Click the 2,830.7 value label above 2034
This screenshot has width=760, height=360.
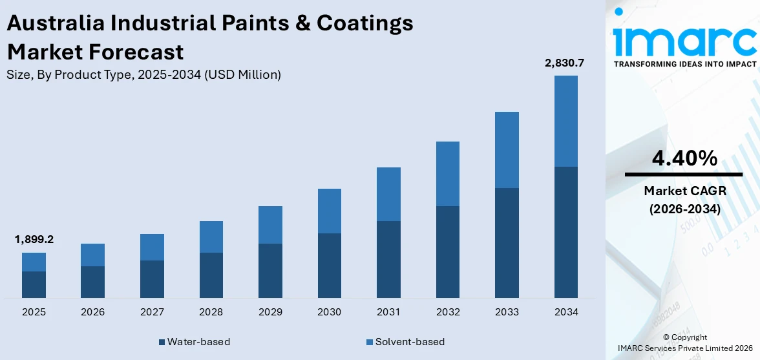[565, 63]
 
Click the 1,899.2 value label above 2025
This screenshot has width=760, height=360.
[34, 239]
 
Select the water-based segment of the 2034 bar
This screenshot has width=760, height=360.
[565, 232]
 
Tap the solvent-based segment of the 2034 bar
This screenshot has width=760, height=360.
[565, 121]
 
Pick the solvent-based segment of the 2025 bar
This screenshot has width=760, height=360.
[34, 262]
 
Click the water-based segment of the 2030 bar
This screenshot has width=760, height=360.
[329, 265]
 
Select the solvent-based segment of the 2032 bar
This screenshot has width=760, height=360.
[447, 174]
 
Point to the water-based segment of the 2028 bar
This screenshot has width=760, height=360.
[211, 275]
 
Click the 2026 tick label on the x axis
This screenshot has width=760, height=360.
[92, 312]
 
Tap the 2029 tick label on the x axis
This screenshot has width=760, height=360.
[270, 312]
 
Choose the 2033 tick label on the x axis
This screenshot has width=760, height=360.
[507, 312]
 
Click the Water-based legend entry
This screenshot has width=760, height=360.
[193, 341]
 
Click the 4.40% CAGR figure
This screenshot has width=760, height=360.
[684, 158]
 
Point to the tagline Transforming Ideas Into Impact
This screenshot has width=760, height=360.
[684, 64]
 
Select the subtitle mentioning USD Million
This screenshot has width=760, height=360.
[143, 74]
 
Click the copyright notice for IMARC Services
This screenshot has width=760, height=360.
[684, 343]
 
